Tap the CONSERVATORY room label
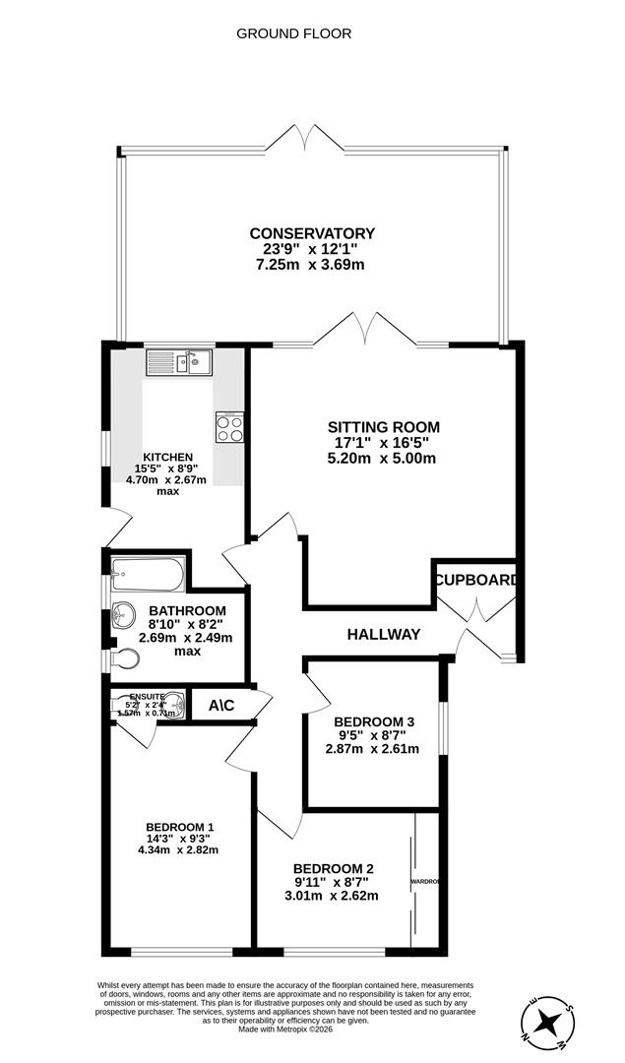coord(311,233)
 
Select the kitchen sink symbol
coord(180,363)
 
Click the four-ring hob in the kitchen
coord(229,428)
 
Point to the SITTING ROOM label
coord(383,427)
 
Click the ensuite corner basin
coord(173,705)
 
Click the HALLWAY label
coord(383,635)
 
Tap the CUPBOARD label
coord(476,580)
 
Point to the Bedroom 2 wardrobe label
coord(424,881)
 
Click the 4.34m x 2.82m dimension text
coord(179,850)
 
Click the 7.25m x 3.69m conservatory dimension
coord(311,266)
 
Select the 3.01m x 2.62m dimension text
coord(332,896)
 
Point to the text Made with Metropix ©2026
coord(285,1030)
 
